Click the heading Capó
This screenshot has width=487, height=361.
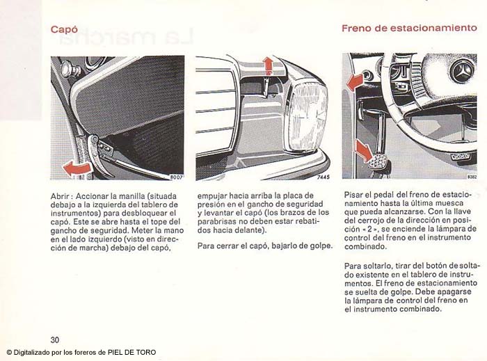point(64,29)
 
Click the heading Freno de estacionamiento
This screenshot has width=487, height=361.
point(409,29)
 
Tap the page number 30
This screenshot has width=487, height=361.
point(55,339)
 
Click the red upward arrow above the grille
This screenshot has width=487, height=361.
point(268,66)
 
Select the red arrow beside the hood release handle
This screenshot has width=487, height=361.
point(77,168)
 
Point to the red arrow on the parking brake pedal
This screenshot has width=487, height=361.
point(364,150)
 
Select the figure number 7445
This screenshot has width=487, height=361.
point(324,177)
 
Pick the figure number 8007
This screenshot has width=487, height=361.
point(177,177)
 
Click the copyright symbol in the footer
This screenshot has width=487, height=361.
point(9,353)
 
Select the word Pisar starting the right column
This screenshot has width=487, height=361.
point(353,195)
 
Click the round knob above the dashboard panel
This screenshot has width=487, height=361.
point(67,69)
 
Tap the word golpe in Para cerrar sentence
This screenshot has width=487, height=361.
point(321,246)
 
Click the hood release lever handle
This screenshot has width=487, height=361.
point(97,155)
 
